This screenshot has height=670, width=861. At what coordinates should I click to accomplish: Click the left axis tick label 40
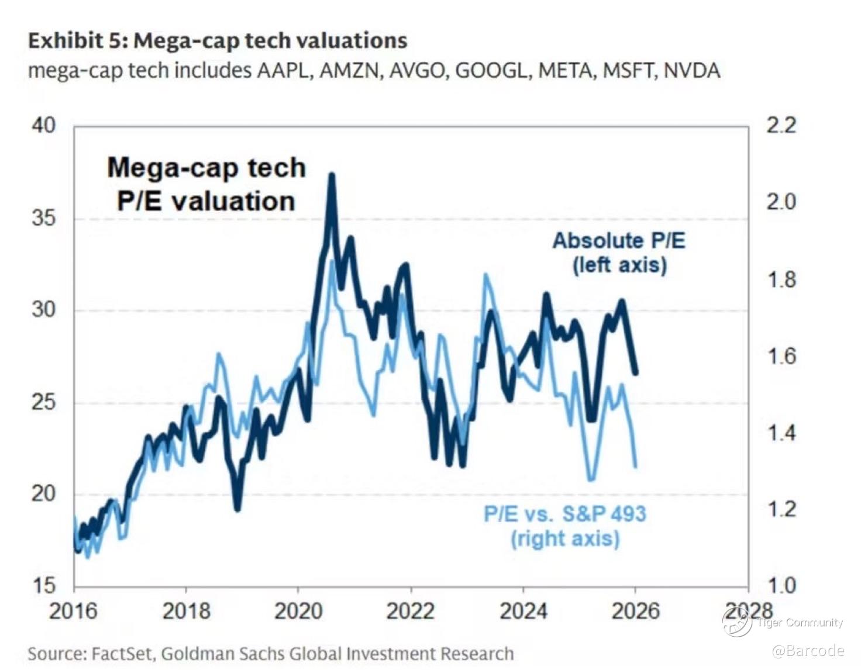coord(43,125)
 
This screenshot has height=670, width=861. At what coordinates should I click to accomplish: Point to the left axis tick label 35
coord(43,218)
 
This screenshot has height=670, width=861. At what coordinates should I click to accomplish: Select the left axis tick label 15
coord(43,585)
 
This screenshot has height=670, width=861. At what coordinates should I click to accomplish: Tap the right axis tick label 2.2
coord(781,125)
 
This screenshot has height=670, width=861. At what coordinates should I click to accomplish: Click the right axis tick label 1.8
coord(781,279)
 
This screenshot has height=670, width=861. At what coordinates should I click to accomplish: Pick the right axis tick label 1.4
coord(781,433)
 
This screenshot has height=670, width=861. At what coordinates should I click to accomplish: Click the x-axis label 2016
coord(73,611)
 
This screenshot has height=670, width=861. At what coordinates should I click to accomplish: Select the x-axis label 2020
coord(298,611)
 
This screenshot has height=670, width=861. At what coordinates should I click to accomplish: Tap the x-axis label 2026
coord(635,611)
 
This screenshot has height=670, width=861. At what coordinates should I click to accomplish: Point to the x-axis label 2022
coord(411,611)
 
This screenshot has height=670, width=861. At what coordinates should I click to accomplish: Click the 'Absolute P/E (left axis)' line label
coord(619,253)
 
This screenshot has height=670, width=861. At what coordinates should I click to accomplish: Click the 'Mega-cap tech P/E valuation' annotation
coord(206,184)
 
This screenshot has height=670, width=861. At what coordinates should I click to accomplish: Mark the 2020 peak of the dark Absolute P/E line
coord(332,175)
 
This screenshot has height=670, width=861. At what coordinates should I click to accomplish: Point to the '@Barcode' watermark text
coord(808,650)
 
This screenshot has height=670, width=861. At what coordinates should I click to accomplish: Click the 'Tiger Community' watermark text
coord(800,622)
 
